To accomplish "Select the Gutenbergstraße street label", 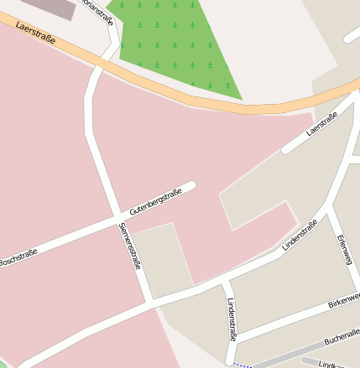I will pos(156,204).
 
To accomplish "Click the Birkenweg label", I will pos(343,299).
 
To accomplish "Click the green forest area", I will pos(180,46).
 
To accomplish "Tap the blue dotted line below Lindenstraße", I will pos(243,365).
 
